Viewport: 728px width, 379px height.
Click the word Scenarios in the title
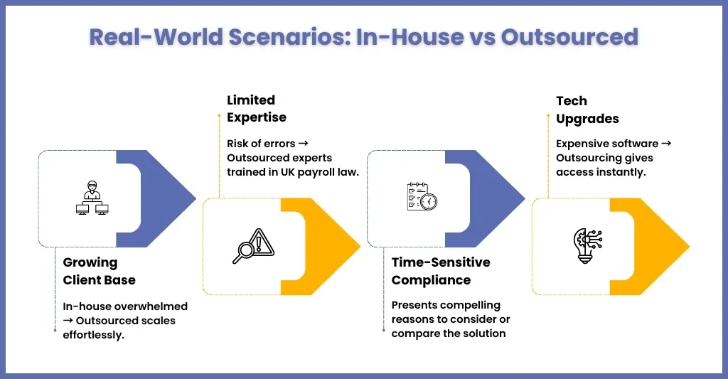pos(289,37)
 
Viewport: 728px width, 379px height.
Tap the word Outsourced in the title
pos(569,37)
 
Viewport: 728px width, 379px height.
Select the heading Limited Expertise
pos(256,109)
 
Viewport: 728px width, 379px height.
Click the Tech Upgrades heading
pos(587,110)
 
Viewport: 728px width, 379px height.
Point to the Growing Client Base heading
pos(99,271)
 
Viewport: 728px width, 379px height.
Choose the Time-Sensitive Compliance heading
pos(441,271)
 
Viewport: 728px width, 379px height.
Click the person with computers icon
pos(92,198)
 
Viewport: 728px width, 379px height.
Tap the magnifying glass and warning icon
pos(254,246)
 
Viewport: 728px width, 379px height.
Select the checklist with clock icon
pos(422,196)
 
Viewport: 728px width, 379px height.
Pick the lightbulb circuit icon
pos(588,246)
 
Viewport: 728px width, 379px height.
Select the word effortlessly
pos(93,335)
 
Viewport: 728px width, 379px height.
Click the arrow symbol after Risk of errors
pos(303,144)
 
